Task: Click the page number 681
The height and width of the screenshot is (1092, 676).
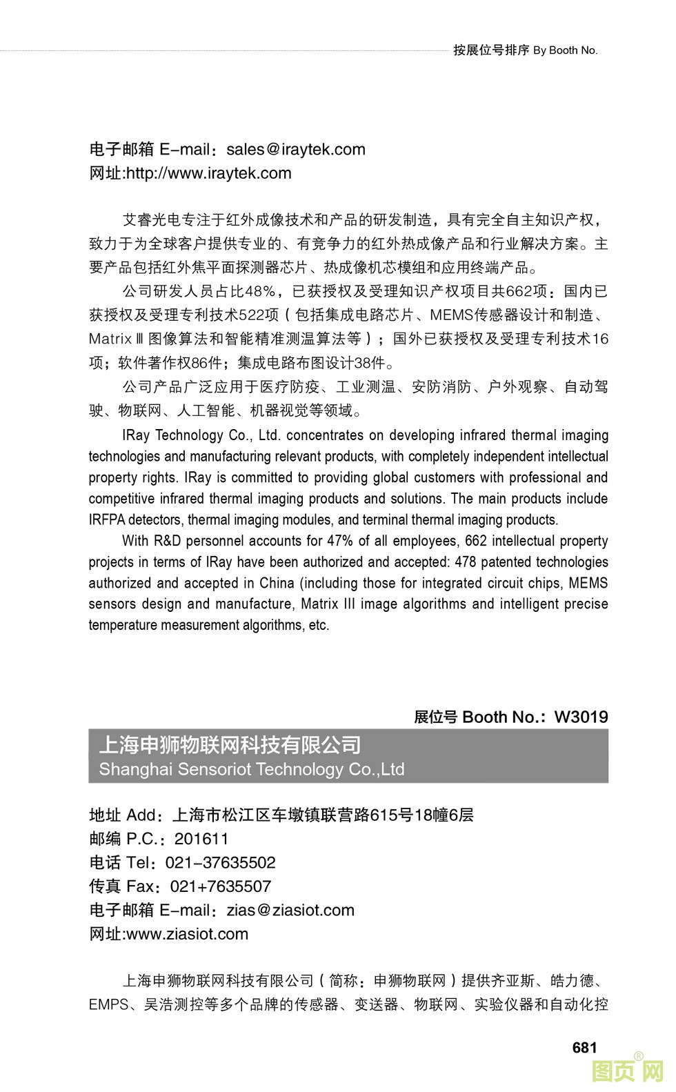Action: click(584, 1047)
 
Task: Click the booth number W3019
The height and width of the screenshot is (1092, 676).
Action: click(581, 717)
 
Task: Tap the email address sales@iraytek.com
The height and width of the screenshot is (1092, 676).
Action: click(296, 150)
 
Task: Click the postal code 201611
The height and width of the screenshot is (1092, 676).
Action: click(201, 839)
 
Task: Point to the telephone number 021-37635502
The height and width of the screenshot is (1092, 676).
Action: click(220, 863)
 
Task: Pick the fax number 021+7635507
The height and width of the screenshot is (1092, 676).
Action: click(221, 886)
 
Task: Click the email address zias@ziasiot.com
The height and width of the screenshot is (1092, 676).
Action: click(290, 910)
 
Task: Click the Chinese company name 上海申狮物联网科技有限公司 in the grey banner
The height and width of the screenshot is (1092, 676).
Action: click(230, 746)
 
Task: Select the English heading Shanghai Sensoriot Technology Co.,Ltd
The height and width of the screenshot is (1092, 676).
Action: click(252, 769)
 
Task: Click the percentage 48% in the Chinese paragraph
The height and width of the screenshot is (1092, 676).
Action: click(261, 291)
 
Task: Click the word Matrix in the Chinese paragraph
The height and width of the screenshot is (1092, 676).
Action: click(110, 339)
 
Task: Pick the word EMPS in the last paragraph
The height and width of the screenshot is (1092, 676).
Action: click(108, 1004)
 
